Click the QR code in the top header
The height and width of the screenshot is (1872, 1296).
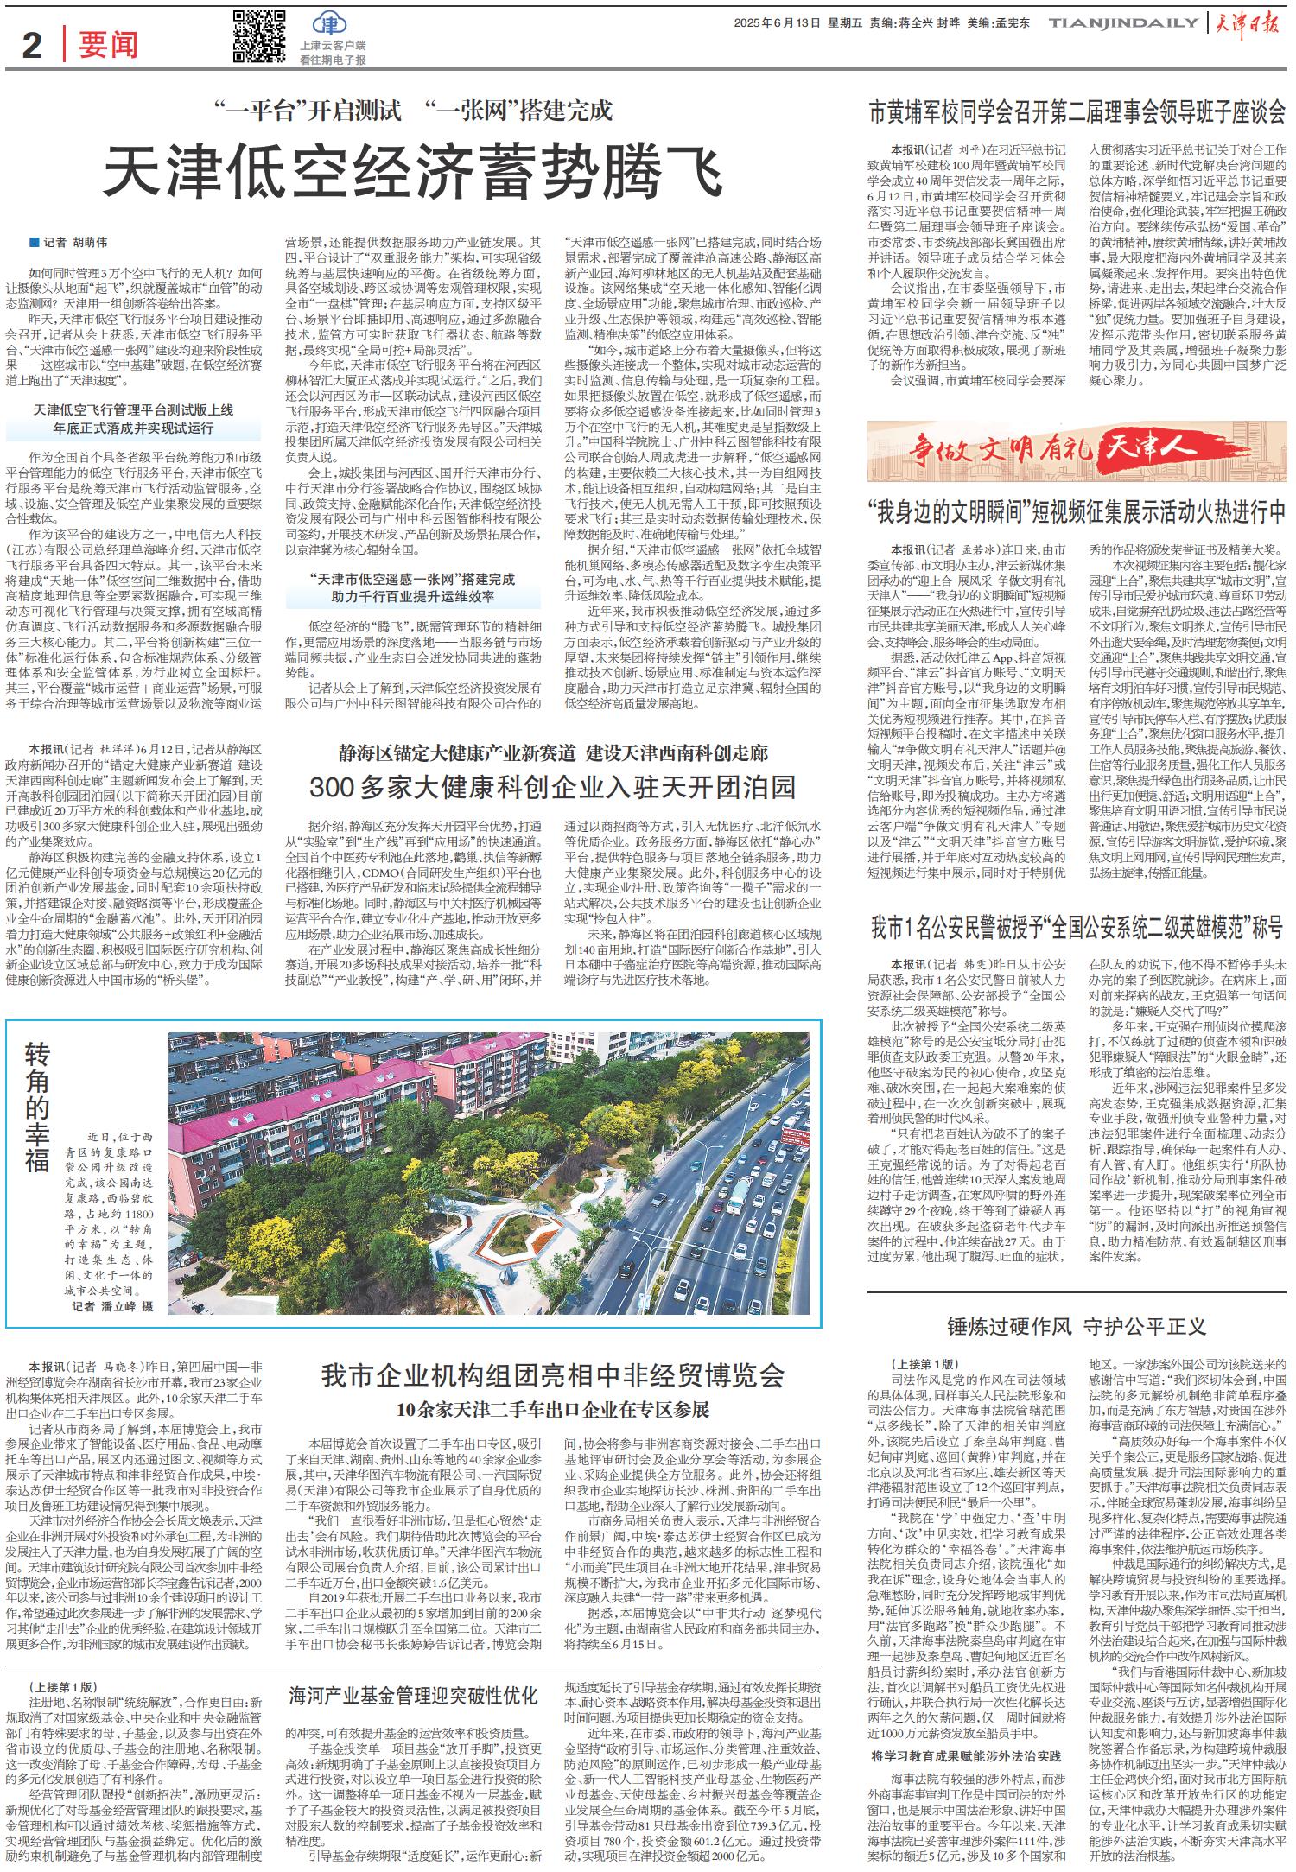259,37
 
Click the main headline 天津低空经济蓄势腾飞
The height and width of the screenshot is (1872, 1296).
413,171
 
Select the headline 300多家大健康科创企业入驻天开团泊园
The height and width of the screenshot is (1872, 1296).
552,786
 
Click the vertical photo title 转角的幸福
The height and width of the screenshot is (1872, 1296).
37,1107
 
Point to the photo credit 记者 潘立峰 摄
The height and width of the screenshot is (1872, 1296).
111,1307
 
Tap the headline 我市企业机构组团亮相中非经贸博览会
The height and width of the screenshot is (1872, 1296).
552,1375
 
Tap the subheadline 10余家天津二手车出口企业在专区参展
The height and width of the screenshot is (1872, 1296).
552,1410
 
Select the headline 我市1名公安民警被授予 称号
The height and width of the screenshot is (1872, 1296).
1077,929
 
